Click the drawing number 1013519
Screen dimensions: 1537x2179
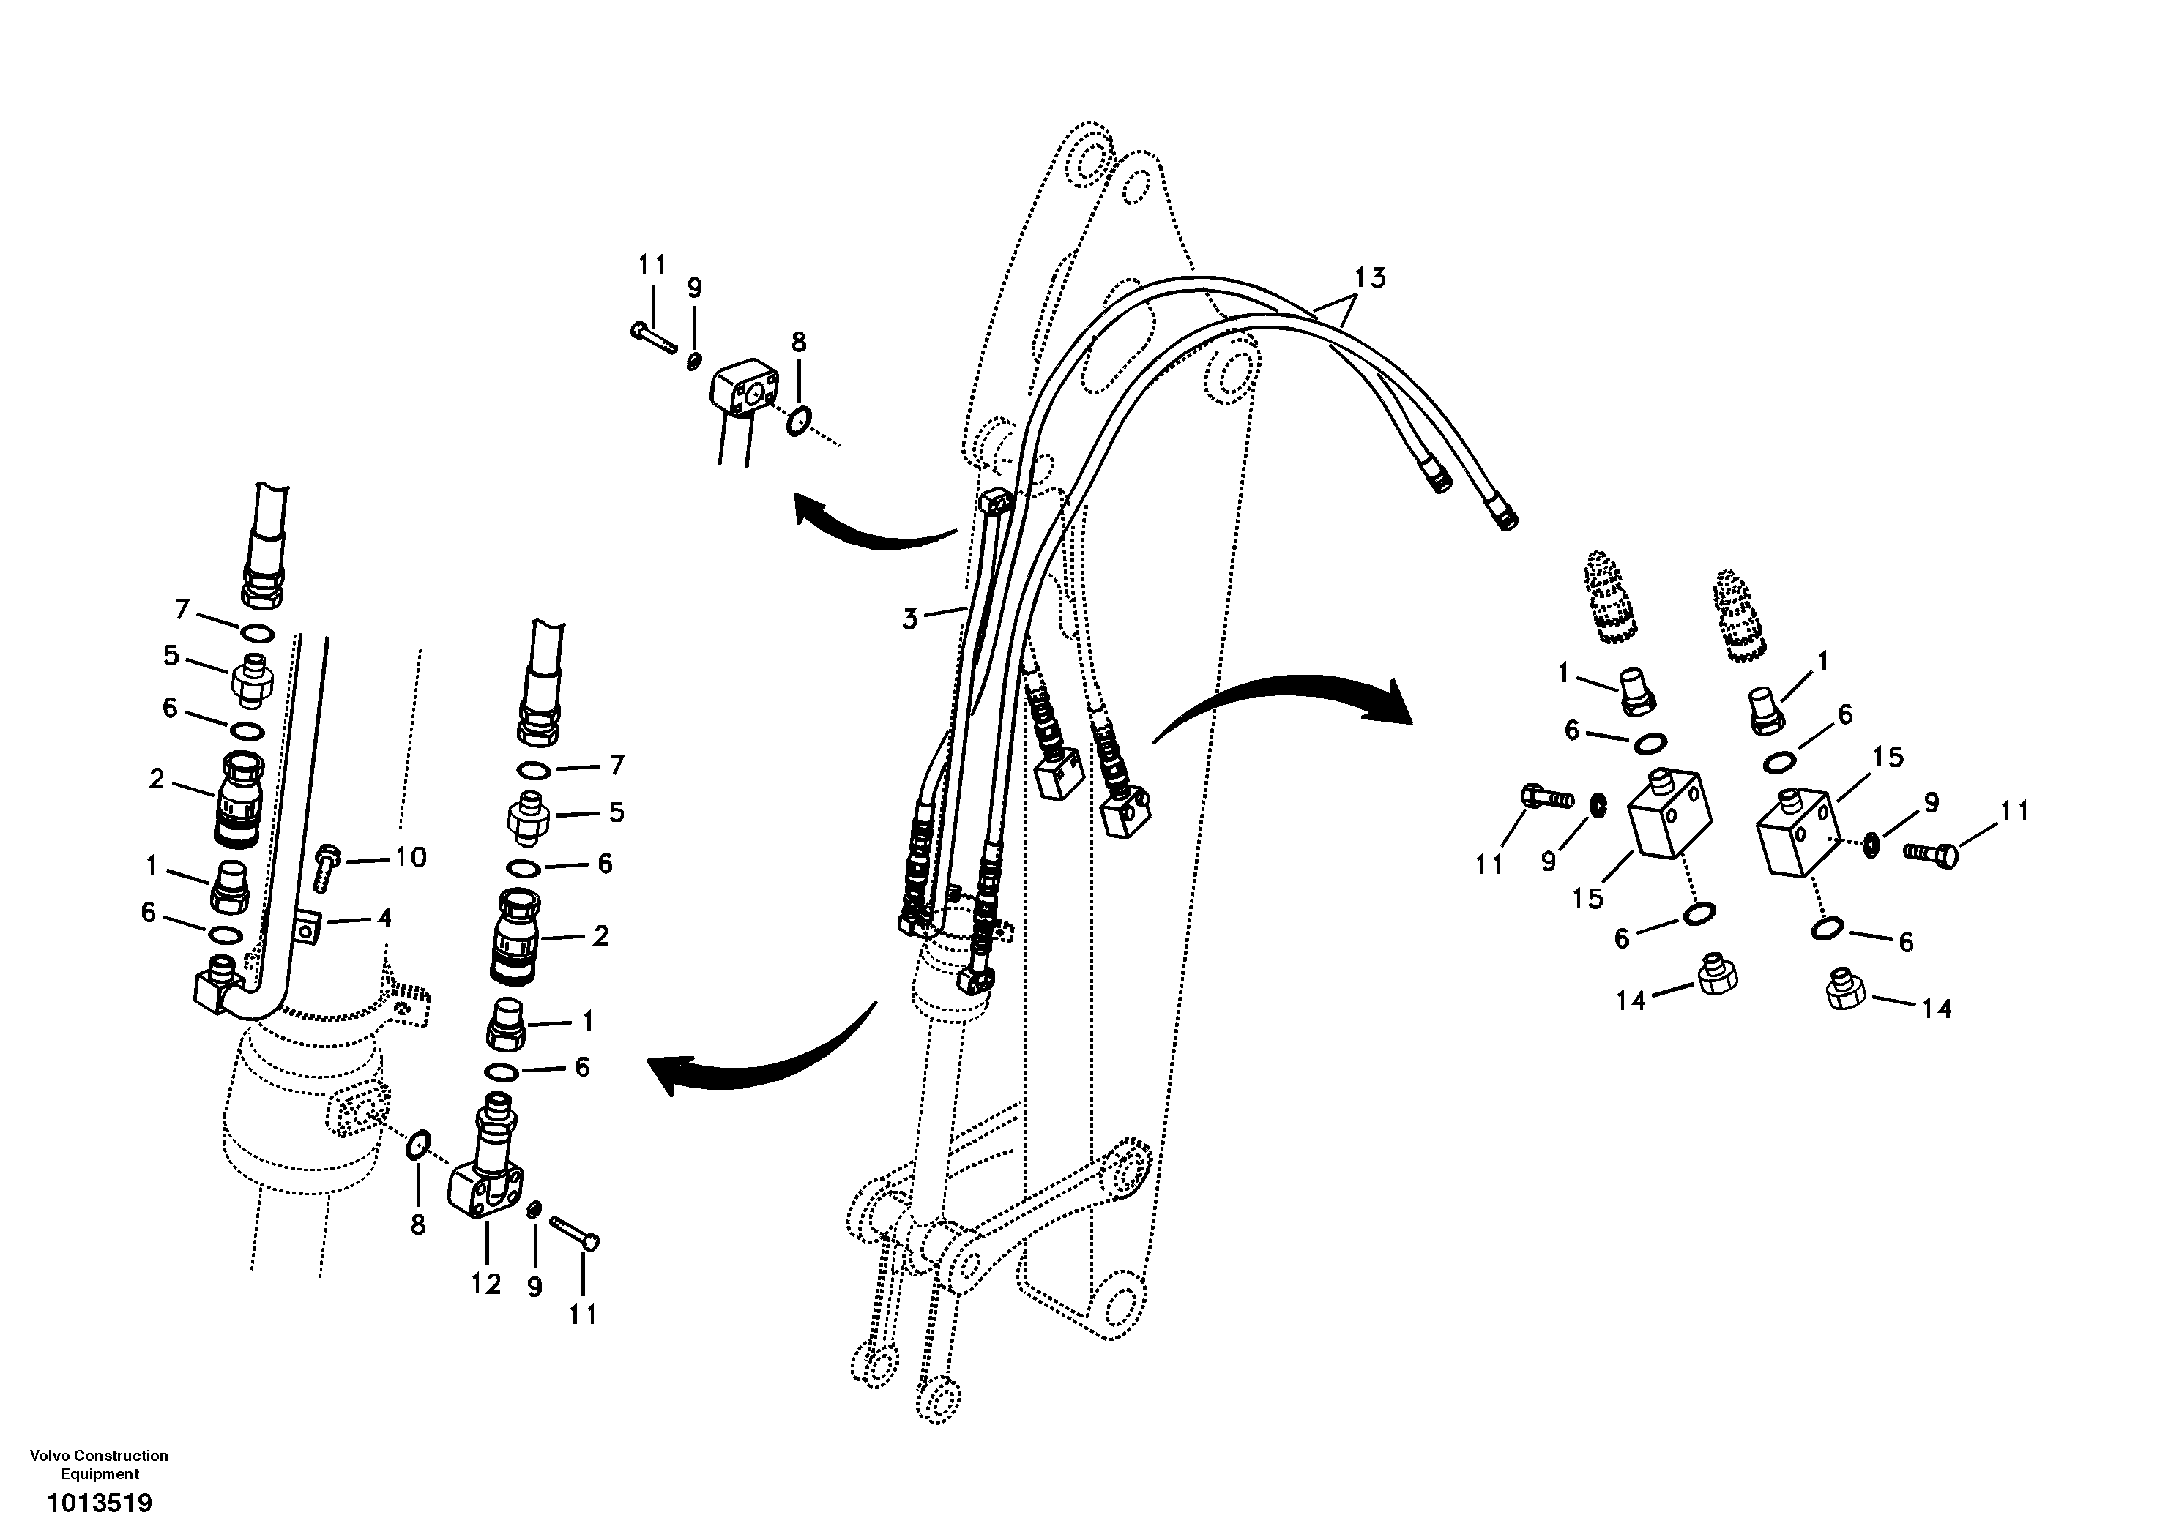click(x=100, y=1503)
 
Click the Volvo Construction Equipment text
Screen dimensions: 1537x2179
click(x=99, y=1464)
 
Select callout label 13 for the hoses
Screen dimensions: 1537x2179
click(x=1369, y=278)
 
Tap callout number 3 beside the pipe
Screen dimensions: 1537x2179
click(x=910, y=619)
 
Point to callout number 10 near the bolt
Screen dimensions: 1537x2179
click(x=410, y=857)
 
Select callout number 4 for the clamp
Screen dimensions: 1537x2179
click(x=384, y=918)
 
